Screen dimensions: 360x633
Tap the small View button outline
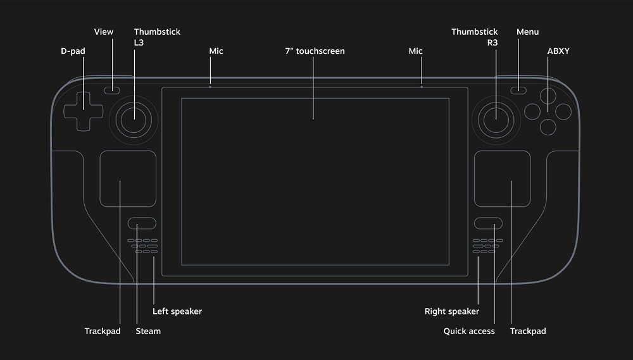coord(113,89)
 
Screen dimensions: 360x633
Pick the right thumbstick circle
coord(495,116)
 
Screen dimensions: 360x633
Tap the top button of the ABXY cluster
coord(548,96)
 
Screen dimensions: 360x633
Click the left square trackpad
coord(128,178)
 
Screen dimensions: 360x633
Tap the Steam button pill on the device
coord(142,223)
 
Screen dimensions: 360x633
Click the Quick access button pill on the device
coord(488,223)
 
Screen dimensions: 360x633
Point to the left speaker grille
coord(144,245)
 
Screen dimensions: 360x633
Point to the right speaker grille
coord(487,245)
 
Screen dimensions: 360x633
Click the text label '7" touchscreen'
coord(315,51)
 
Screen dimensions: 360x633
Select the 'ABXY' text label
coord(558,51)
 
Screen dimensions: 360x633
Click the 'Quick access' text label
coord(468,331)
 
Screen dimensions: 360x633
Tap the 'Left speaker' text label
coord(177,311)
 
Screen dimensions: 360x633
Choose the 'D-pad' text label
coord(73,51)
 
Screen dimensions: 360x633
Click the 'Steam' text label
coord(148,331)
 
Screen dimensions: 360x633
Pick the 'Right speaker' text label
coord(451,311)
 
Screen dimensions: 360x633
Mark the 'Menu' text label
coord(527,32)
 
